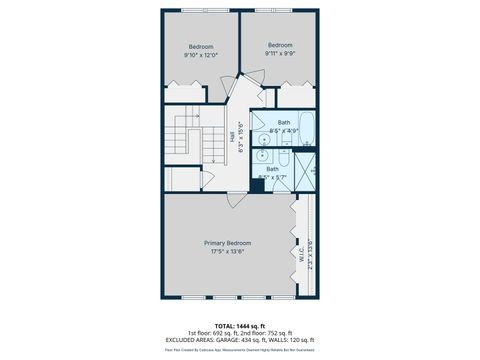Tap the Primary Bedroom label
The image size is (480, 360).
click(x=228, y=243)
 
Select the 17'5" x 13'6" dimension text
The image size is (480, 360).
click(x=228, y=252)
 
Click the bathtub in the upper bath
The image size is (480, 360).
click(x=306, y=129)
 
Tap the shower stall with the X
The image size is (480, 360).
click(x=305, y=166)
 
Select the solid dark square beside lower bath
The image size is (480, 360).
click(x=257, y=186)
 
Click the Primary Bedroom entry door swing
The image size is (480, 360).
click(x=234, y=200)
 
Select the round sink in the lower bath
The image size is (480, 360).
click(x=263, y=155)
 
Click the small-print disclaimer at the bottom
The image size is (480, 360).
click(x=240, y=350)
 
